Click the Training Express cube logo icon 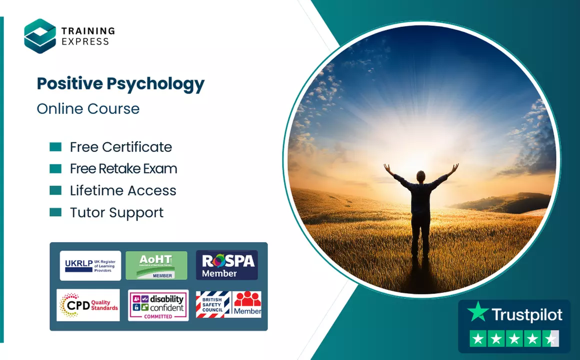pos(40,35)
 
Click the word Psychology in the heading pos(156,83)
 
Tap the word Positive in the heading pos(69,83)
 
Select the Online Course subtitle pos(88,108)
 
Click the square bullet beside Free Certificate pos(55,147)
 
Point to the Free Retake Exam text pos(123,169)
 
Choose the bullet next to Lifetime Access pos(55,190)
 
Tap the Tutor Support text pos(116,212)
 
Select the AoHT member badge pos(156,265)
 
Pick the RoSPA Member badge pos(226,265)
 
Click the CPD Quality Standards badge pos(88,305)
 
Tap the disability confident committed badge pos(158,305)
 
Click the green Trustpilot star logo pos(477,312)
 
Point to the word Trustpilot pos(527,315)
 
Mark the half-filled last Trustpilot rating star pos(551,339)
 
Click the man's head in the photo pos(421,175)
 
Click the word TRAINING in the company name pos(88,31)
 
